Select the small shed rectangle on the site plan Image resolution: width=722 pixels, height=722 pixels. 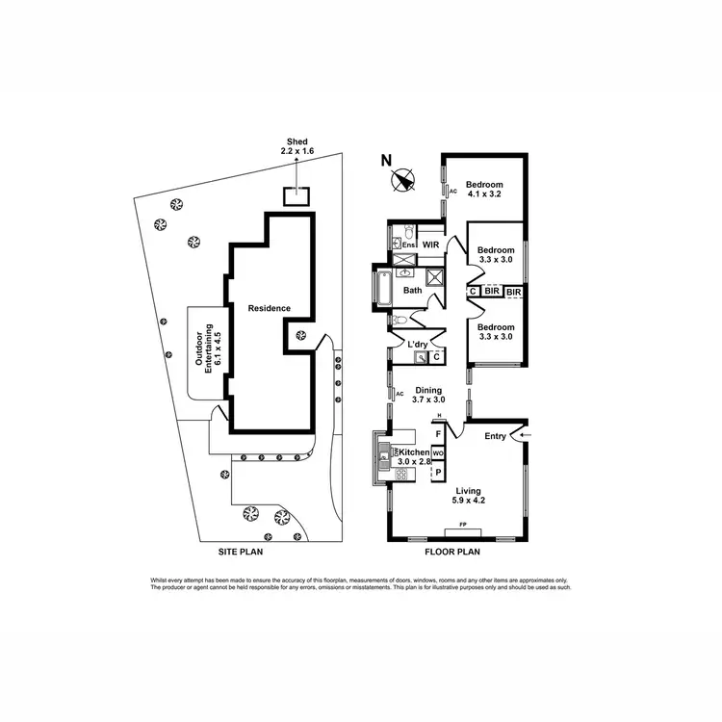297,195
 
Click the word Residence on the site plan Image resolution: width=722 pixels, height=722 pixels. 270,308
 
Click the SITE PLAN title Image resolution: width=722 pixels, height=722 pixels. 240,554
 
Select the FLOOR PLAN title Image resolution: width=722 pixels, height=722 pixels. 452,554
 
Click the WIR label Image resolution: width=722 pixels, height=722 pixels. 430,245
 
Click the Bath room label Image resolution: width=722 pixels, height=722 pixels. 413,290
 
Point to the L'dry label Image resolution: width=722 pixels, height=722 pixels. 418,344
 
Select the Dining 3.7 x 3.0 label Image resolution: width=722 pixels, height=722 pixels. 429,395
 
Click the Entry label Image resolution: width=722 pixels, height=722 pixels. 495,437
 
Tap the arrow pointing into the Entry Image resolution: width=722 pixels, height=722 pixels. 522,436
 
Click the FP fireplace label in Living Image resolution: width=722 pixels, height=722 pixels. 463,525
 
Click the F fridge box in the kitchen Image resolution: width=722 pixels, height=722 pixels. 439,434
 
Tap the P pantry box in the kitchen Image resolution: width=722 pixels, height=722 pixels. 438,473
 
